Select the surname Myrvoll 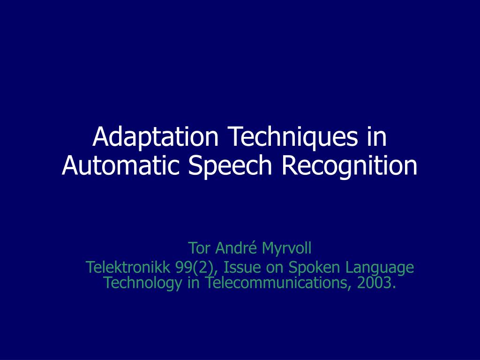pos(286,247)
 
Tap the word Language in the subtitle pos(380,268)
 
